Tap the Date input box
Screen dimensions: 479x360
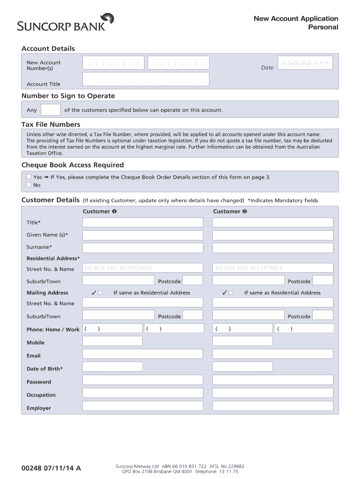tap(305, 63)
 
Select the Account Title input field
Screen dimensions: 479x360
tap(145, 79)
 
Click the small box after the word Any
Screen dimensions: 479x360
tap(50, 110)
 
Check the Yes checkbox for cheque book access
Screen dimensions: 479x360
tap(29, 177)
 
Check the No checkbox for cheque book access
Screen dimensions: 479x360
tap(29, 185)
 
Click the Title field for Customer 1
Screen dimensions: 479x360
tap(143, 223)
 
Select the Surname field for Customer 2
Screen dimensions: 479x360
tap(273, 247)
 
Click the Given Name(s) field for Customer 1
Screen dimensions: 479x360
tap(143, 235)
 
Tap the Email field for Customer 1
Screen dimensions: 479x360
tap(143, 356)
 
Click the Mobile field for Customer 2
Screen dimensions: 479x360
tap(273, 342)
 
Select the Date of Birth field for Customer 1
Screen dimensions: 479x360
tap(143, 369)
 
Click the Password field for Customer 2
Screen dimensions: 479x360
tap(273, 381)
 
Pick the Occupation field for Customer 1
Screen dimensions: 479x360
tap(143, 394)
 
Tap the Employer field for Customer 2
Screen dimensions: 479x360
tap(273, 407)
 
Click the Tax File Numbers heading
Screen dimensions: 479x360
tap(51, 124)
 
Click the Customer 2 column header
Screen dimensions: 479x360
tap(230, 211)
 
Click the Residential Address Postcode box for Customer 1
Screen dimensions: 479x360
tap(192, 280)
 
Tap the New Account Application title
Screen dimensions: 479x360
tap(295, 19)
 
